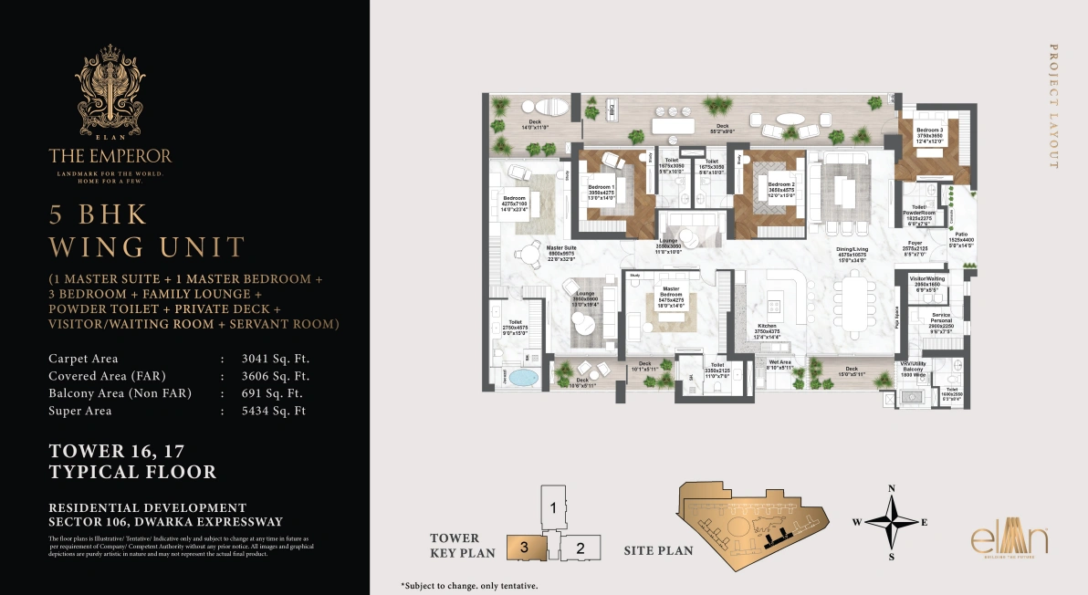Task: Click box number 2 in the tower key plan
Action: point(581,548)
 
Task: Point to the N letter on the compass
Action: point(892,488)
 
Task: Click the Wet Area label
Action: point(779,363)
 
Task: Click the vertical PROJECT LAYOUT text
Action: point(1052,106)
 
